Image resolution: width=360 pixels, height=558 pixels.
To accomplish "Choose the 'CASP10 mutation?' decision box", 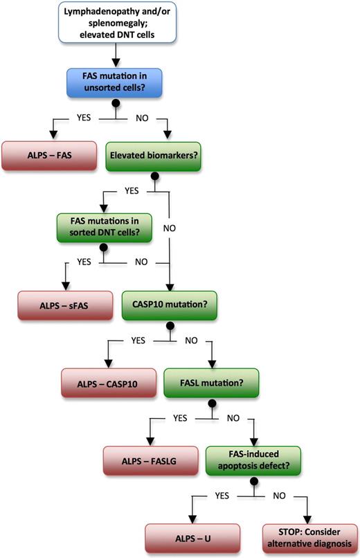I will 168,303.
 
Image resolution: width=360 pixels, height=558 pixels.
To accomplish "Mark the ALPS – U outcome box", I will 192,537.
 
